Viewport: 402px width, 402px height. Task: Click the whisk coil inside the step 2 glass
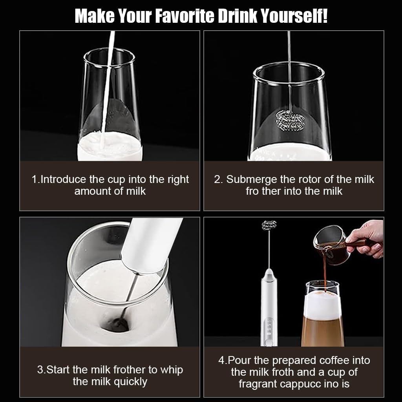289,120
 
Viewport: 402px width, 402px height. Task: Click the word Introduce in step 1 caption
63,179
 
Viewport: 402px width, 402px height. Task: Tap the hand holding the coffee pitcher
367,238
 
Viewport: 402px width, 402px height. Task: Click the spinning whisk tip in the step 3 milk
119,324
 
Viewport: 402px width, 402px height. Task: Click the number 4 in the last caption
221,360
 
